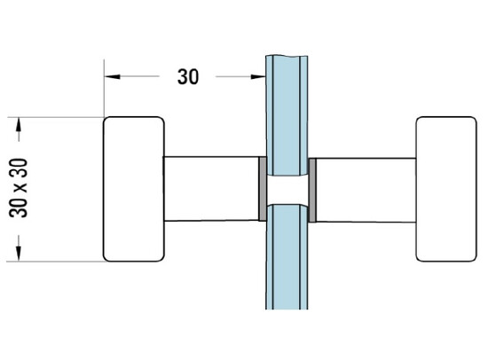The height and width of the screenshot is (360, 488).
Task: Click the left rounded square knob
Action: pyautogui.click(x=133, y=189)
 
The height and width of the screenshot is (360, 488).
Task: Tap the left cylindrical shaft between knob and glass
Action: pyautogui.click(x=209, y=189)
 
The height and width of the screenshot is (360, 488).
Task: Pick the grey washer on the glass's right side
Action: pyautogui.click(x=312, y=189)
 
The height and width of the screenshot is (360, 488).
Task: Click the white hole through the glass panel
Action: pyautogui.click(x=287, y=189)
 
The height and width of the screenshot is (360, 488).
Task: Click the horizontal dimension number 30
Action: pyautogui.click(x=187, y=77)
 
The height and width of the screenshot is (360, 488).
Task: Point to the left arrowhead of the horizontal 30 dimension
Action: pyautogui.click(x=111, y=77)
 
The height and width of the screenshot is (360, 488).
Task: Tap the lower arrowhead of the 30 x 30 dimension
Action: pyautogui.click(x=18, y=254)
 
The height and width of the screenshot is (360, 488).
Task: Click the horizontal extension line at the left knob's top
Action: pyautogui.click(x=53, y=117)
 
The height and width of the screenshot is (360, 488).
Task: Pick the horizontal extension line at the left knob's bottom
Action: pyautogui.click(x=53, y=262)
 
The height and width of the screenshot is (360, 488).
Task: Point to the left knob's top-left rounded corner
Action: pyautogui.click(x=107, y=121)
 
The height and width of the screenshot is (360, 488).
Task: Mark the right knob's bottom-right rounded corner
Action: pyautogui.click(x=471, y=258)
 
